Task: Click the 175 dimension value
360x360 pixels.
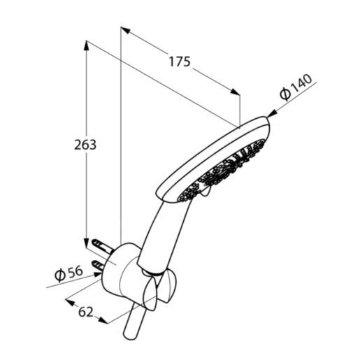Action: coord(180,62)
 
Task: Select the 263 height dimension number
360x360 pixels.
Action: coord(85,145)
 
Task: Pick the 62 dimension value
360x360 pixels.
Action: coord(85,312)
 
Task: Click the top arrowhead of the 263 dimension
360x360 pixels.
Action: coord(86,45)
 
